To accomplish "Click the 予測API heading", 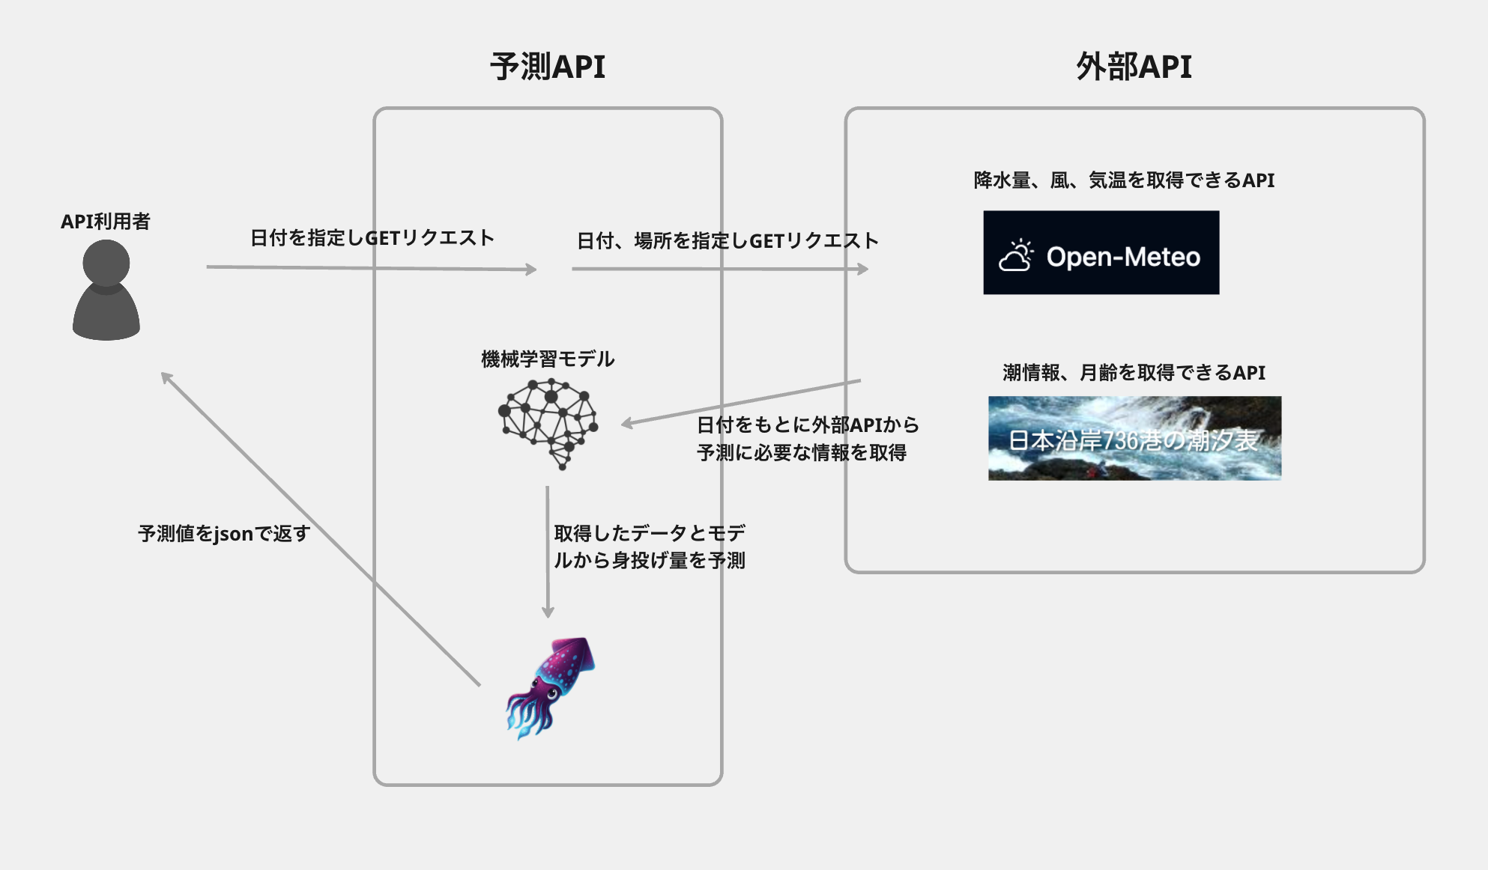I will (x=548, y=67).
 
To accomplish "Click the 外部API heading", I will (x=1134, y=67).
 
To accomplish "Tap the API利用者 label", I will (x=106, y=222).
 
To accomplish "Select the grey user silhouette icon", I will (x=106, y=290).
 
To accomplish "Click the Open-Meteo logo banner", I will (x=1101, y=253).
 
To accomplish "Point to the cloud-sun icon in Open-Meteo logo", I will (x=1016, y=256).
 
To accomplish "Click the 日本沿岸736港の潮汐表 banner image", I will (x=1134, y=438).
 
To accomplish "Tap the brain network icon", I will (x=548, y=422).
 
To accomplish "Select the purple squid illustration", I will (x=551, y=687).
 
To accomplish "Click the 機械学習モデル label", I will (x=548, y=359).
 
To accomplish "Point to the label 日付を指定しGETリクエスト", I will (x=372, y=238).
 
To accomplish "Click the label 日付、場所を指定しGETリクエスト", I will (x=727, y=241).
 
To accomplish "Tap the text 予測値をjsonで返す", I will (x=224, y=534).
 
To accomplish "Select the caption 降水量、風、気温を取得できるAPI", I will (x=1124, y=180).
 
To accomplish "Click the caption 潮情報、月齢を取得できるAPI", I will (x=1134, y=373).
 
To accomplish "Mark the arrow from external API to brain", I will (x=742, y=403).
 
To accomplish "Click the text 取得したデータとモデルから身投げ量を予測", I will (x=649, y=547).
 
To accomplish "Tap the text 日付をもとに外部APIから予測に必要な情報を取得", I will (x=807, y=439).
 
